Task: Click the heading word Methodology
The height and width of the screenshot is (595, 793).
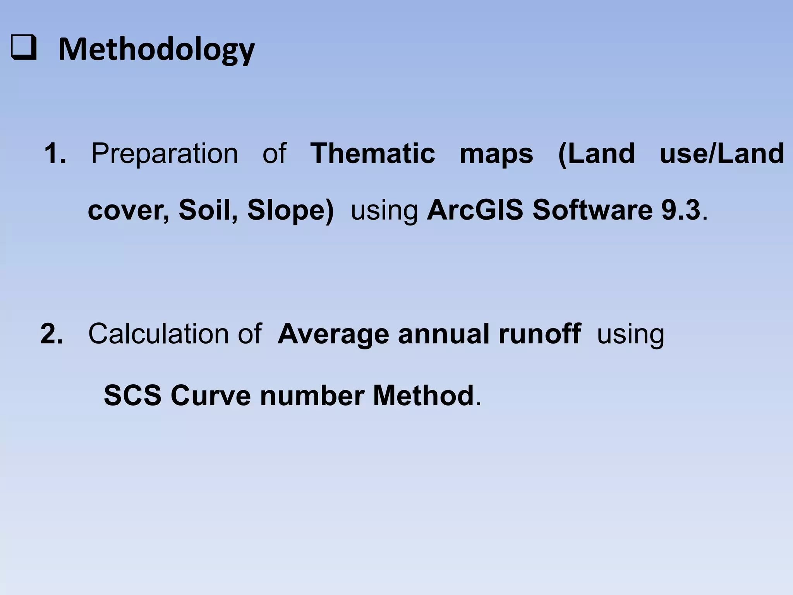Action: point(156,50)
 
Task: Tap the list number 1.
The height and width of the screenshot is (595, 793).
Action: point(55,153)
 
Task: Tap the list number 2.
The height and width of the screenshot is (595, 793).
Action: point(51,334)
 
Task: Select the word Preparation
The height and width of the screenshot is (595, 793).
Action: point(165,153)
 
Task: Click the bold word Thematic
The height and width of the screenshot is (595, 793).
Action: point(372,153)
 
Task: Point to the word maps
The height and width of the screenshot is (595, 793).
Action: point(496,154)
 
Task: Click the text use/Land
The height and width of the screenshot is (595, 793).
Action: point(722,153)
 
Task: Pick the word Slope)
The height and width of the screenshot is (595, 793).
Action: point(290,210)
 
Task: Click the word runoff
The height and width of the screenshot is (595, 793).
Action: point(540,334)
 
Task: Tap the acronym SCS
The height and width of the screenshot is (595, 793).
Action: point(132,396)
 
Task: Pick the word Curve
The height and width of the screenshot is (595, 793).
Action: point(210,396)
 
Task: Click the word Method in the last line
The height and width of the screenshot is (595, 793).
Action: point(423,396)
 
